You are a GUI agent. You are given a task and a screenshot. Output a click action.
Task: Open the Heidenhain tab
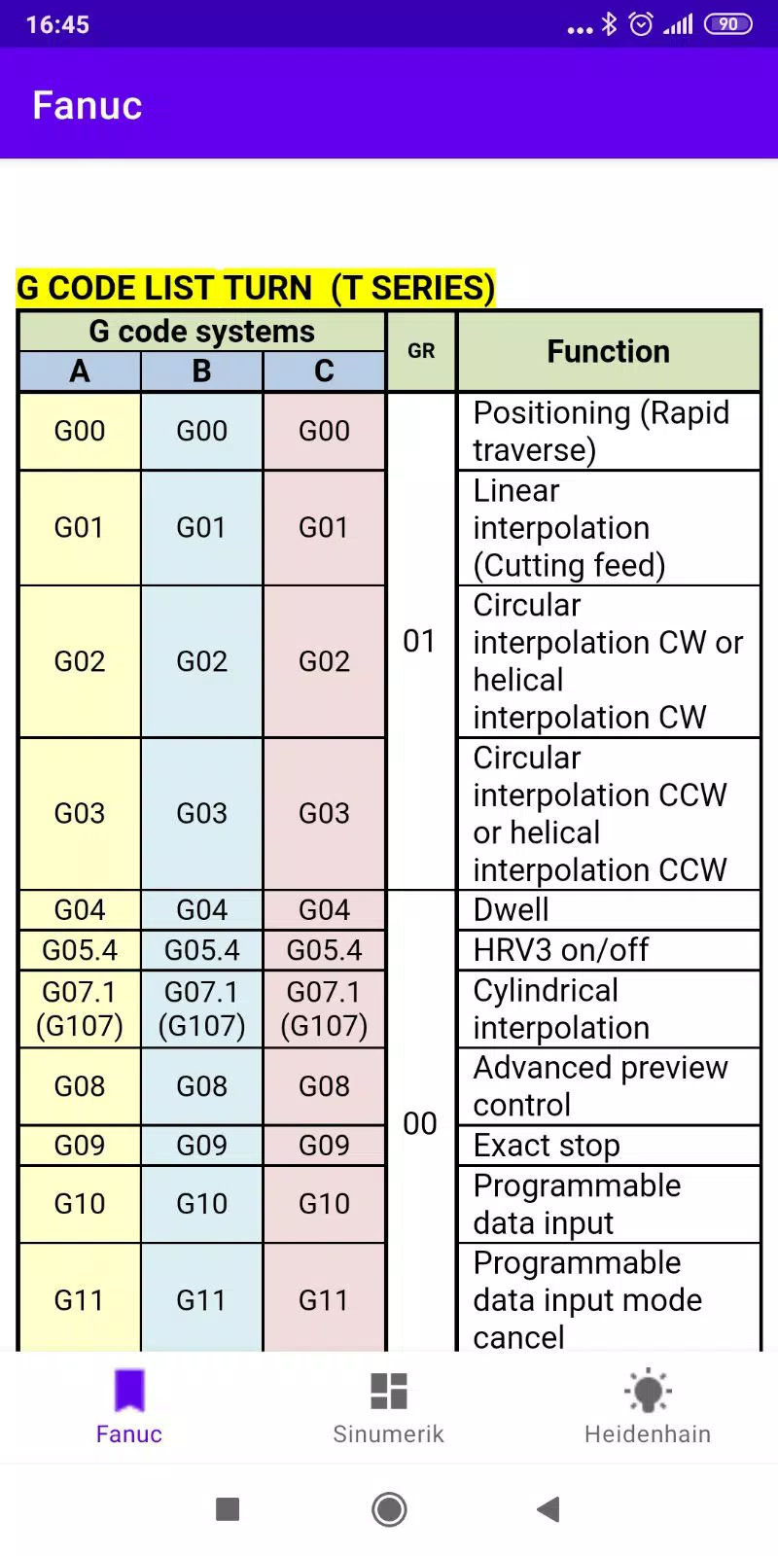coord(648,1407)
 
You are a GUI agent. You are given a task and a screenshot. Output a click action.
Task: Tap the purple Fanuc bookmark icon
coord(129,1390)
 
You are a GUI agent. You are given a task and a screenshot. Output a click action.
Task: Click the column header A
coord(80,371)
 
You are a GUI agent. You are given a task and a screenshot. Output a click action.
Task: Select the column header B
coord(201,371)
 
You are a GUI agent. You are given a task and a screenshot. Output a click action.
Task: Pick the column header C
coord(324,371)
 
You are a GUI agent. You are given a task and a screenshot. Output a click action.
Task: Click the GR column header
coord(421,351)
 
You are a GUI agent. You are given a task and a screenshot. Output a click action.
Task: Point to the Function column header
coord(609,351)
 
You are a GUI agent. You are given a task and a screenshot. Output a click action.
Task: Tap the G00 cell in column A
coord(80,432)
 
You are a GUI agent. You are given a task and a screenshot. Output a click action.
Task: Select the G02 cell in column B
coord(201,661)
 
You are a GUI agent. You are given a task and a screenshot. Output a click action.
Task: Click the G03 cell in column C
coord(324,813)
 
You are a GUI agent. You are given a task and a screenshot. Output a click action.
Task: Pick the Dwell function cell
coord(609,910)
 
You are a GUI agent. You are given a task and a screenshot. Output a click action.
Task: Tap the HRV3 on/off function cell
coord(609,950)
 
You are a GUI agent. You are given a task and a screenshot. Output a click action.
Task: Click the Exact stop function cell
coord(609,1146)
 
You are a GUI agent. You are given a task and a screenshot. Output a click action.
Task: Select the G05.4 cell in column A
coord(80,950)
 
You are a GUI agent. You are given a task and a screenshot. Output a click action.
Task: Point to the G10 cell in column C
coord(324,1204)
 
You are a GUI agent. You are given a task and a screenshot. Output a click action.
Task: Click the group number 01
coord(419,641)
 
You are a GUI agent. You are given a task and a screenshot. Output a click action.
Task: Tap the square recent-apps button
coord(228,1508)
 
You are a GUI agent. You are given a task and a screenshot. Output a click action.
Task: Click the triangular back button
coord(548,1508)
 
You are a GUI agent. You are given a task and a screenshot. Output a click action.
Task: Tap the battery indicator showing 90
coord(728,24)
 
